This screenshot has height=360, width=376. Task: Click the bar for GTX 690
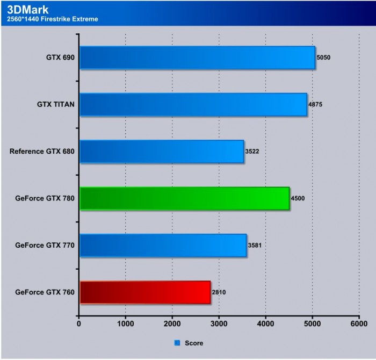197,57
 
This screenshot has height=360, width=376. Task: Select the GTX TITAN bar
193,104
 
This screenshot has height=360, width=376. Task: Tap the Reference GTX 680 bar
162,152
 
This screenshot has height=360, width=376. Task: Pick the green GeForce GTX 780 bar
184,198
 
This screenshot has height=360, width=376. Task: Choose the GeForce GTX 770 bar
163,245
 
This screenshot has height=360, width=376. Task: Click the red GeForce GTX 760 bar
144,292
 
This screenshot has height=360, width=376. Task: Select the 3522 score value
253,151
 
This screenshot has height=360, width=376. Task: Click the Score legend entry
190,342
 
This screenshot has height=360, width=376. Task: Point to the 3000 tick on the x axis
219,324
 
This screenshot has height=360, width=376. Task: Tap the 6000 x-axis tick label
359,324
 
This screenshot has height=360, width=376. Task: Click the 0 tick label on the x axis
79,324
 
